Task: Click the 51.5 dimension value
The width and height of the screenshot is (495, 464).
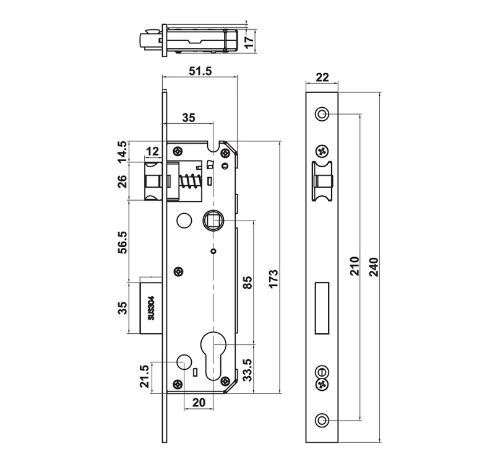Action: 199,71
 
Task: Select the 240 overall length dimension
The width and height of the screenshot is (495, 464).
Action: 373,267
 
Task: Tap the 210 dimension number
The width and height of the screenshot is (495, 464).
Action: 354,267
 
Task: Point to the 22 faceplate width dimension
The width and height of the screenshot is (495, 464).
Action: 322,77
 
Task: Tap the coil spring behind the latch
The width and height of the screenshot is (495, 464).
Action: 190,183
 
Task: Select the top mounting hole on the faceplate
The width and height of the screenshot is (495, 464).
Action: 322,114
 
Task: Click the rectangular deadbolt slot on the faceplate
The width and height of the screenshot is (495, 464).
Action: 322,307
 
